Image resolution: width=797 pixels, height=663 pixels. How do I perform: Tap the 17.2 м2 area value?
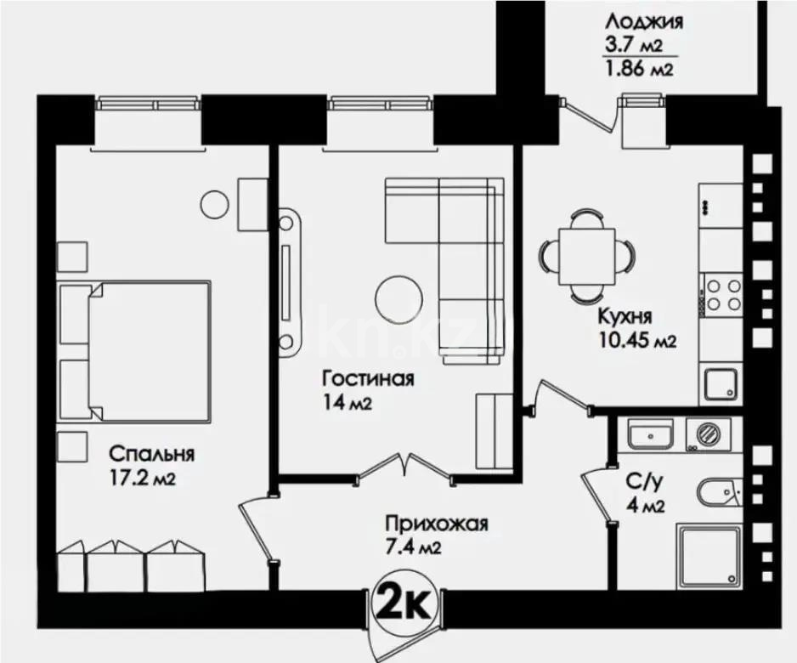[x=140, y=479]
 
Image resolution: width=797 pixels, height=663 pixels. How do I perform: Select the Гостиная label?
[x=367, y=378]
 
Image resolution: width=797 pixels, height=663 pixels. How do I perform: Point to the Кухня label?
[x=625, y=318]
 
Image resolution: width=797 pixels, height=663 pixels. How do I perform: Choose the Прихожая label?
[x=436, y=524]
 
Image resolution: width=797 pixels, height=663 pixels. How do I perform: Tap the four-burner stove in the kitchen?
[x=721, y=294]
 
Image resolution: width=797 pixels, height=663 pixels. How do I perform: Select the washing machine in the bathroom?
[x=707, y=434]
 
